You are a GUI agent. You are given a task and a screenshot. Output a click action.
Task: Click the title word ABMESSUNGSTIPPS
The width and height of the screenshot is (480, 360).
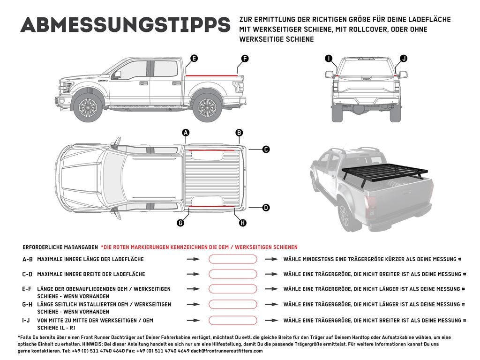pyautogui.click(x=125, y=25)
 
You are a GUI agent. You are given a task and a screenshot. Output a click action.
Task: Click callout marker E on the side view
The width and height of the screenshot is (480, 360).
pyautogui.click(x=194, y=59)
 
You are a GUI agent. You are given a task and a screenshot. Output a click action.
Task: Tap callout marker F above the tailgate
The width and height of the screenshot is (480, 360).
pyautogui.click(x=244, y=59)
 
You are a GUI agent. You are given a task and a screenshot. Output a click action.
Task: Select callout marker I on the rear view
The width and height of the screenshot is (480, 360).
pyautogui.click(x=329, y=59)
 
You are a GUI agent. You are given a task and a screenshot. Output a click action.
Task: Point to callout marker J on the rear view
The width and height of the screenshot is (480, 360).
pyautogui.click(x=403, y=59)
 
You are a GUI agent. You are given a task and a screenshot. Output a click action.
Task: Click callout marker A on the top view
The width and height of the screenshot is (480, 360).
pyautogui.click(x=186, y=133)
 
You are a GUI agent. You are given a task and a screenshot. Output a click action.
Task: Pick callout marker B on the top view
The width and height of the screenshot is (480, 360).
pyautogui.click(x=239, y=133)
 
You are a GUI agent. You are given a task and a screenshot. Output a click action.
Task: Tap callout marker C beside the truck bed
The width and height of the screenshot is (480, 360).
pyautogui.click(x=266, y=150)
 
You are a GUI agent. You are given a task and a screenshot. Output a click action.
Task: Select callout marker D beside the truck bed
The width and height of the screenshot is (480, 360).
pyautogui.click(x=266, y=207)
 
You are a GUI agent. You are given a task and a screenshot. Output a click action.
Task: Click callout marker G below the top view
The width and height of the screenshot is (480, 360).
pyautogui.click(x=180, y=223)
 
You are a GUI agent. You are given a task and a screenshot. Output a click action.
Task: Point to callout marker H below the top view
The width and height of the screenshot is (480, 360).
pyautogui.click(x=242, y=223)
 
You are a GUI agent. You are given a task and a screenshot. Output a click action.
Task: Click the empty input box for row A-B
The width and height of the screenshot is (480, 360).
pyautogui.click(x=232, y=259)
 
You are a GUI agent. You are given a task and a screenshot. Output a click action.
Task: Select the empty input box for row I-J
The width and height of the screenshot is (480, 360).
pyautogui.click(x=232, y=321)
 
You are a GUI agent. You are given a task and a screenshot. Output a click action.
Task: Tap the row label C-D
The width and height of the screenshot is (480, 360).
pyautogui.click(x=28, y=274)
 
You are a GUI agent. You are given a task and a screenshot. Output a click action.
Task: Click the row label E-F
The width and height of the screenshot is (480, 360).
pyautogui.click(x=28, y=289)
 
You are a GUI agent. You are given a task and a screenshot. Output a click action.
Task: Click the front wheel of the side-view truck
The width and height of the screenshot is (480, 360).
pyautogui.click(x=88, y=108)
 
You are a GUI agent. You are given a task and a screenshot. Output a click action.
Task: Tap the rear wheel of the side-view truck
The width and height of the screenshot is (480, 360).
pyautogui.click(x=207, y=108)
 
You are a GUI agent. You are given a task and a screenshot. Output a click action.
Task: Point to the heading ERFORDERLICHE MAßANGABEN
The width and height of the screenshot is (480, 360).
pyautogui.click(x=60, y=247)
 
